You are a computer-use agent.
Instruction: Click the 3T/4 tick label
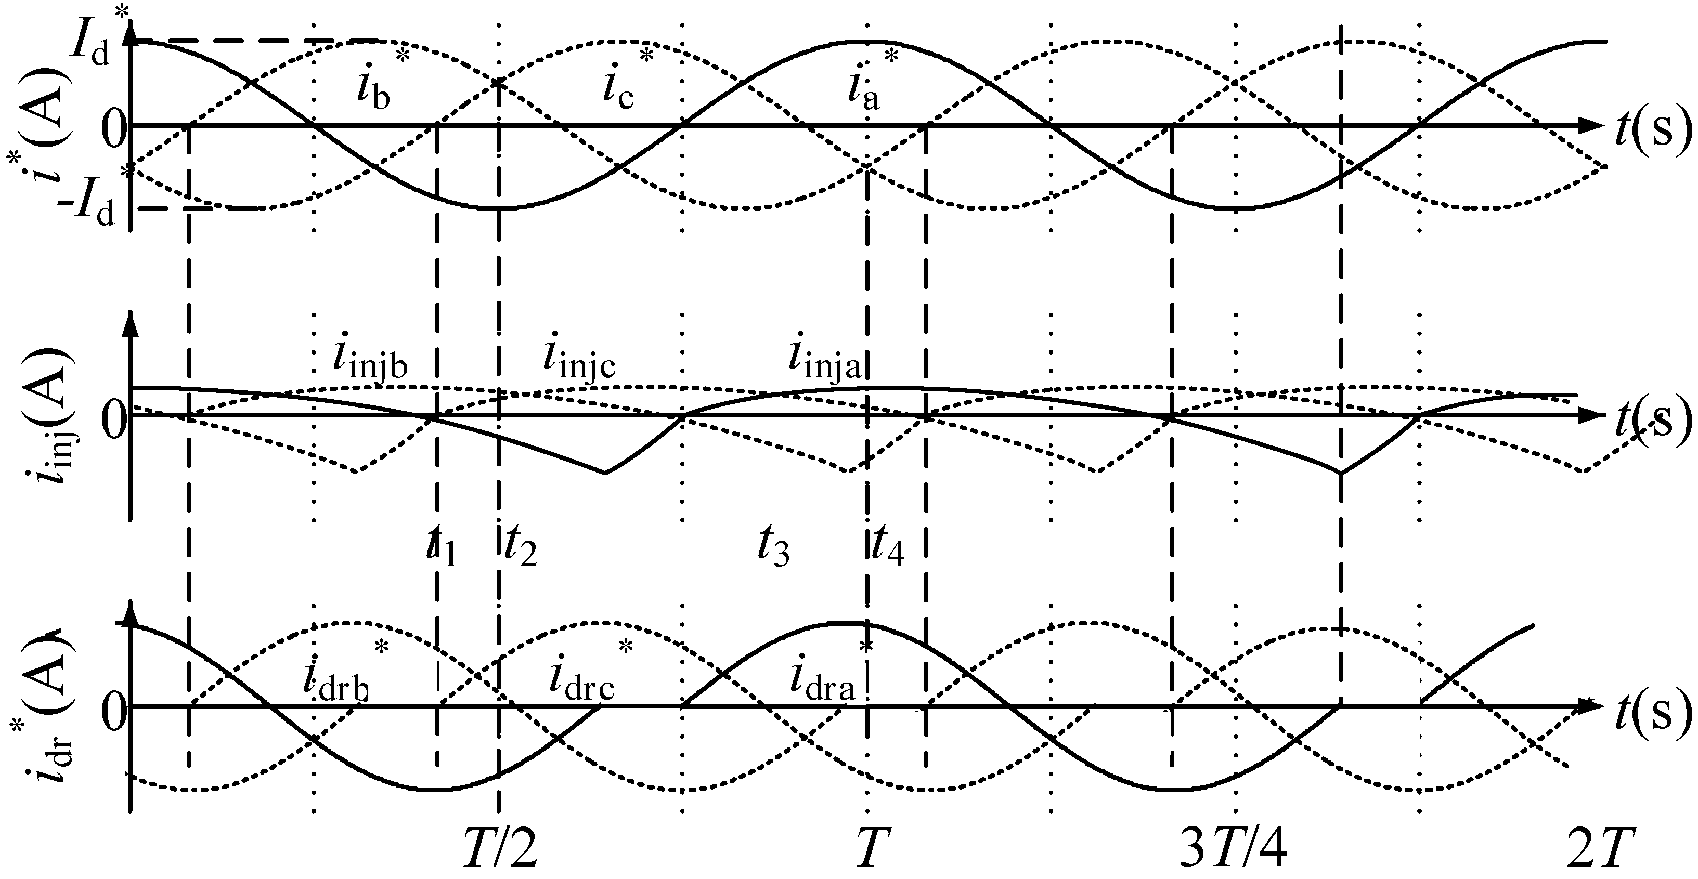pos(1232,849)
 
